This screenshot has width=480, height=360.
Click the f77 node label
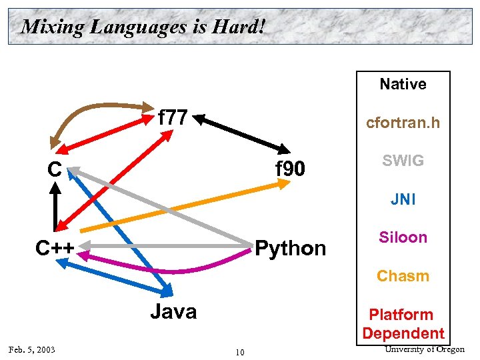pos(173,118)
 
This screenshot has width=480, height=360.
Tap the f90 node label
pos(290,170)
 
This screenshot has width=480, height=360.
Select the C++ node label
pos(55,248)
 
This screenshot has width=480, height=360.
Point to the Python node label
pos(291,249)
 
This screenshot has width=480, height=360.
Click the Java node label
pos(173,311)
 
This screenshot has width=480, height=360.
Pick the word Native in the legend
pos(403,84)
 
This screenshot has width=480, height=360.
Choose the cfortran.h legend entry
pos(403,123)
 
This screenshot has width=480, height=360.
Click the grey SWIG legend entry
pos(403,161)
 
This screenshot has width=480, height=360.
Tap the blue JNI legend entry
pos(403,199)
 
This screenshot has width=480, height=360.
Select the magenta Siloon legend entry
pos(403,237)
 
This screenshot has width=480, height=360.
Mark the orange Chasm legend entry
pos(403,276)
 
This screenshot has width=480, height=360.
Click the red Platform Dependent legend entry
pos(403,323)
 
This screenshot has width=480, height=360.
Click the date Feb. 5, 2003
pos(31,350)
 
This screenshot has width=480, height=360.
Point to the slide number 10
pos(239,351)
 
